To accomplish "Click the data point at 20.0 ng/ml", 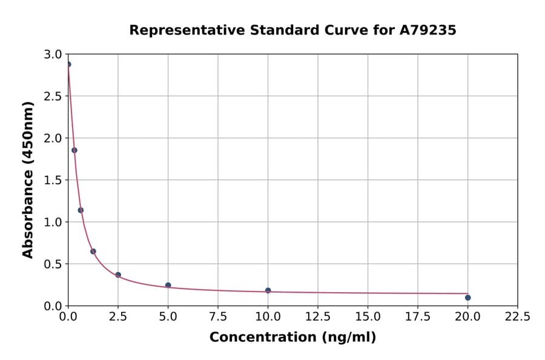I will [x=467, y=298].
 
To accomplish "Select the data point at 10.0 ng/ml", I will [x=268, y=290].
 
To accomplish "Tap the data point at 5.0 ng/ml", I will [x=168, y=285].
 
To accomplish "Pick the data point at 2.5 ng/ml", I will [x=118, y=275].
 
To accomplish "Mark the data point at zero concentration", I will [x=68, y=64].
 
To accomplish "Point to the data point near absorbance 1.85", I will [x=74, y=150].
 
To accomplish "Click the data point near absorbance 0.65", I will [x=93, y=252].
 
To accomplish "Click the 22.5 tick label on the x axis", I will [x=517, y=317].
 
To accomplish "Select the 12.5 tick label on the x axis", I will [x=318, y=317].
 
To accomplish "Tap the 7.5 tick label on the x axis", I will [x=218, y=317].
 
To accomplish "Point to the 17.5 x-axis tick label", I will [x=417, y=317].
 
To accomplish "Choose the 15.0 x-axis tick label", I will [x=368, y=317].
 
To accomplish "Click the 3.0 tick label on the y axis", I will [x=54, y=55].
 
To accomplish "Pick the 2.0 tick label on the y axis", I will [x=54, y=138].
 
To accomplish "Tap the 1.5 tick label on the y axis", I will [x=54, y=180].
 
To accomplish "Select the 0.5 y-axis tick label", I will [x=54, y=264].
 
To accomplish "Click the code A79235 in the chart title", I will [x=427, y=30].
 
